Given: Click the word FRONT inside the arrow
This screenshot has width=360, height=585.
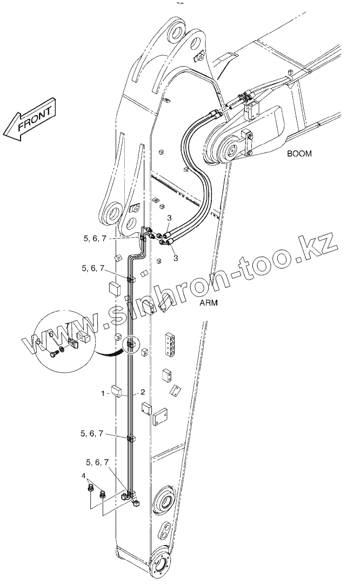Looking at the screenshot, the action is [36, 117].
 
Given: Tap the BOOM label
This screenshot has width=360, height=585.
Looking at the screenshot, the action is [299, 153].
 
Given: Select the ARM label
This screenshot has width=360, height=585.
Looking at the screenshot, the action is [208, 303].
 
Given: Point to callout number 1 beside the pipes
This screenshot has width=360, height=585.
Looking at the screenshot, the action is [102, 394].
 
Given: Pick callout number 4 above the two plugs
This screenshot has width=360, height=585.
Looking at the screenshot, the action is [84, 476].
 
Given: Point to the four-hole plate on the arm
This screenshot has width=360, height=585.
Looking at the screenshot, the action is [170, 343].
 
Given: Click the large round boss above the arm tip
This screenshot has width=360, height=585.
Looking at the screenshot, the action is [163, 501].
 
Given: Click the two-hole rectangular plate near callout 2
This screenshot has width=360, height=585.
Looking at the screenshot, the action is [161, 418].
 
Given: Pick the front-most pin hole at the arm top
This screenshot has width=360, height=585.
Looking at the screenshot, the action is [111, 213].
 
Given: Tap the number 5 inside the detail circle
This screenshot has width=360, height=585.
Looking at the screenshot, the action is [38, 341].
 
